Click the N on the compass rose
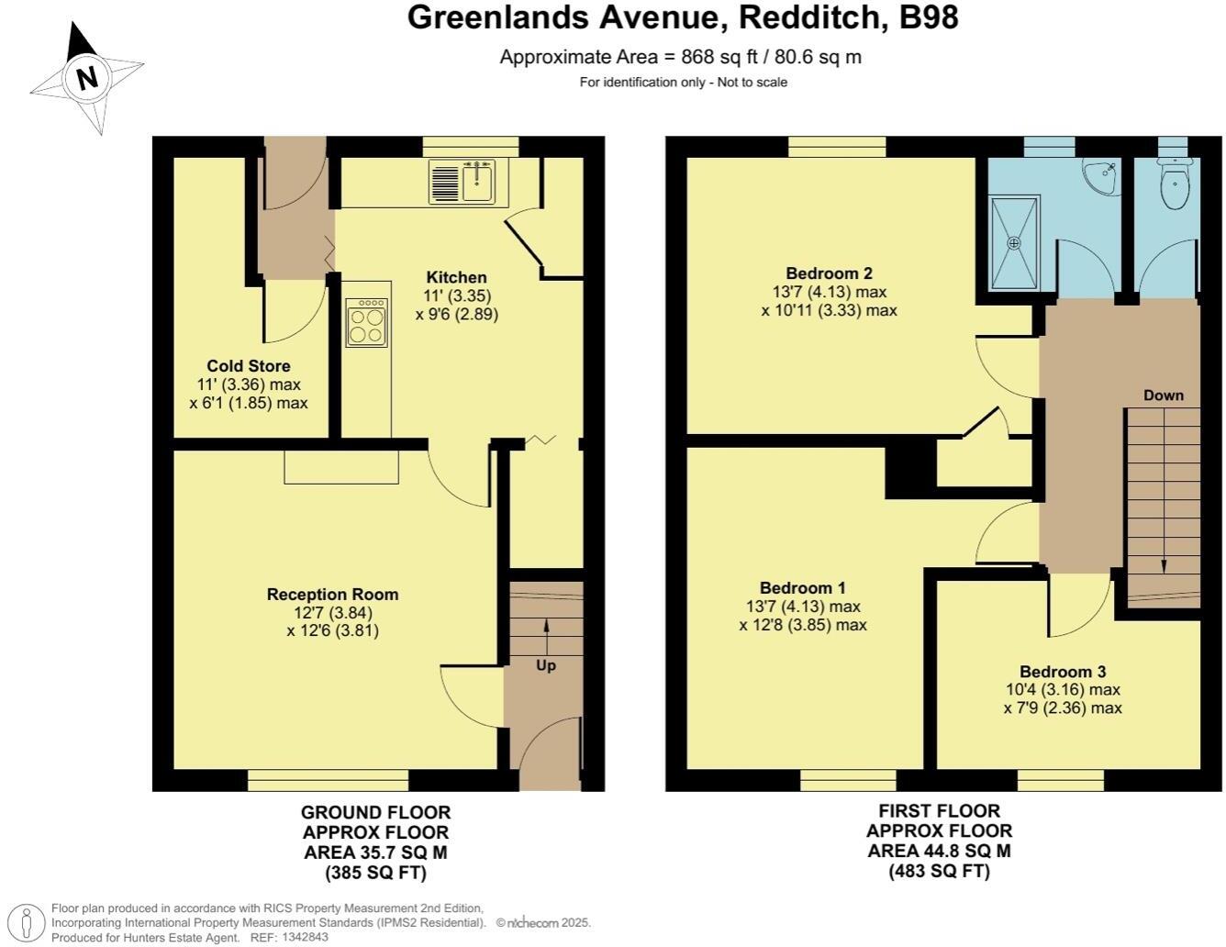point(87,78)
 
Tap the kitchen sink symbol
point(463,181)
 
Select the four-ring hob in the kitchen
point(367,322)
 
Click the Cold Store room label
point(248,366)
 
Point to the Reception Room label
point(332,595)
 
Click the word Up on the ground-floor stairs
point(546,665)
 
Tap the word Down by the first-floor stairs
point(1163,396)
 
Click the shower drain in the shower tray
point(1014,243)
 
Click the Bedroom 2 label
point(829,273)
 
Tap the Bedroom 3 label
point(1063,671)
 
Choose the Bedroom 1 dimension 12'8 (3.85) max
point(803,626)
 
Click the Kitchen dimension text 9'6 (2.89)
point(456,314)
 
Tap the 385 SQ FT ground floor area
point(376,873)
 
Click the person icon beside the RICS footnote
point(28,921)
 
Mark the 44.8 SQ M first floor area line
point(939,851)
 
